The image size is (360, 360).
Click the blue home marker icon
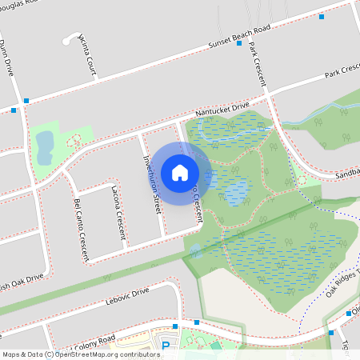coord(180,173)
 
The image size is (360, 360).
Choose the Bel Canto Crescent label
coord(81,230)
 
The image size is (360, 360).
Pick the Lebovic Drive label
coord(127,298)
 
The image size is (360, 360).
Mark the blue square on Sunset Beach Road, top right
coord(322,16)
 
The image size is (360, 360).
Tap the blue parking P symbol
coord(166,346)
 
